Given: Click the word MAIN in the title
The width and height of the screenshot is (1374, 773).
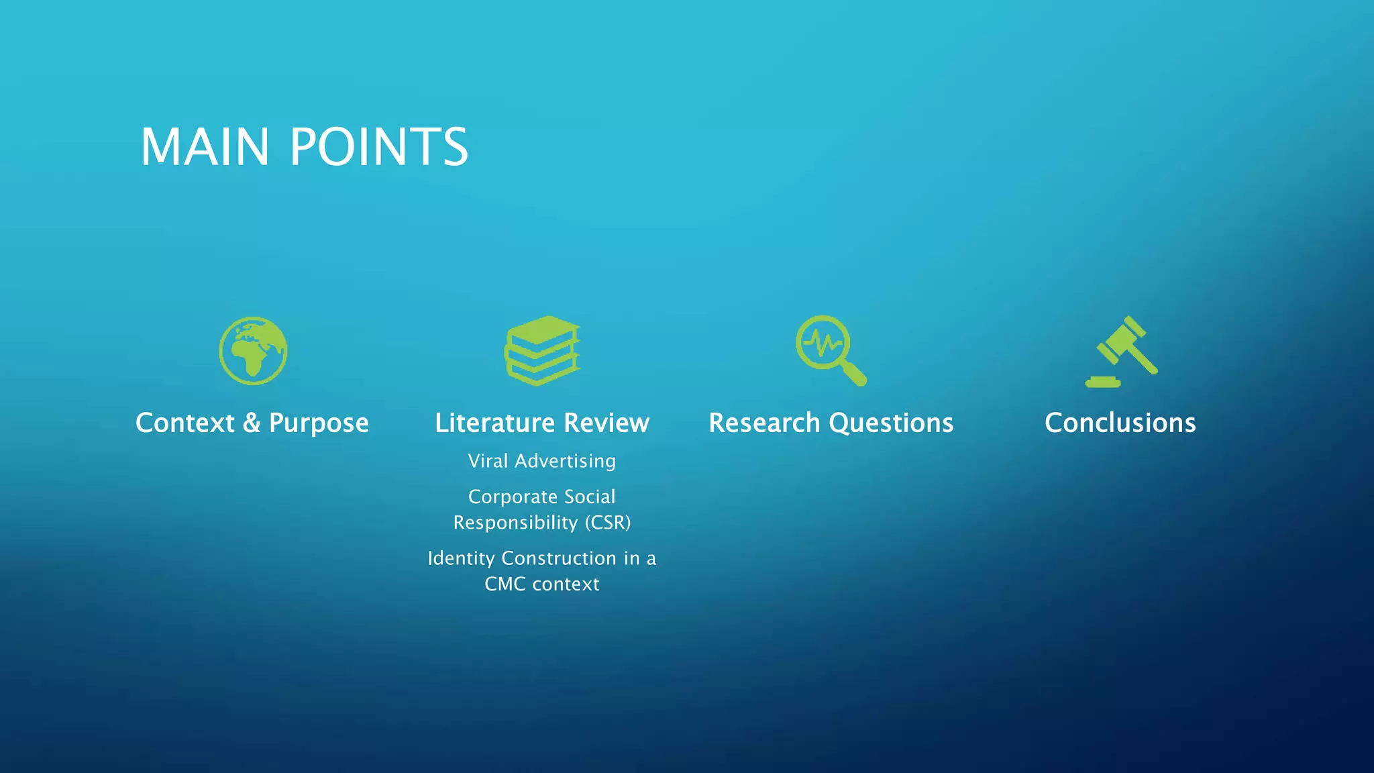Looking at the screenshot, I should coord(205,147).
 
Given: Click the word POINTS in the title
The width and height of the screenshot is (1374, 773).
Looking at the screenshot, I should coord(379,147).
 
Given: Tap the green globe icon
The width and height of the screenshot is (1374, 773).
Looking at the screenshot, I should coord(253,351).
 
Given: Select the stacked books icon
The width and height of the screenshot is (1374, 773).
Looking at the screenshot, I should coord(542,351).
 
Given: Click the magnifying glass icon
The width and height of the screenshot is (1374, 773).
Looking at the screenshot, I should coord(831,350).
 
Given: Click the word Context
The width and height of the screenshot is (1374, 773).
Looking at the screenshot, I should coord(185,423).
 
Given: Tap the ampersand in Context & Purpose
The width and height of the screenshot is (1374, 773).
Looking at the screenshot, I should coord(252,423).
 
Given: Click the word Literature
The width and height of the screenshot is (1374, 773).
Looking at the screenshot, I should coord(495,423).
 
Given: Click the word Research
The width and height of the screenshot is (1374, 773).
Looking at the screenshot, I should coord(764,423).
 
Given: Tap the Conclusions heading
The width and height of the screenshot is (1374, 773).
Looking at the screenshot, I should coord(1120,423).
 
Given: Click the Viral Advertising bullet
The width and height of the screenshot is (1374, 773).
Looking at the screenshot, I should coord(542,461).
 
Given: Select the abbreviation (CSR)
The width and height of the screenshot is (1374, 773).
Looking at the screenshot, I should coord(607,523).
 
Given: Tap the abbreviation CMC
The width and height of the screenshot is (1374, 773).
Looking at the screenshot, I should coord(505,584).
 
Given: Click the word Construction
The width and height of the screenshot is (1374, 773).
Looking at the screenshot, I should coord(559,558).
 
